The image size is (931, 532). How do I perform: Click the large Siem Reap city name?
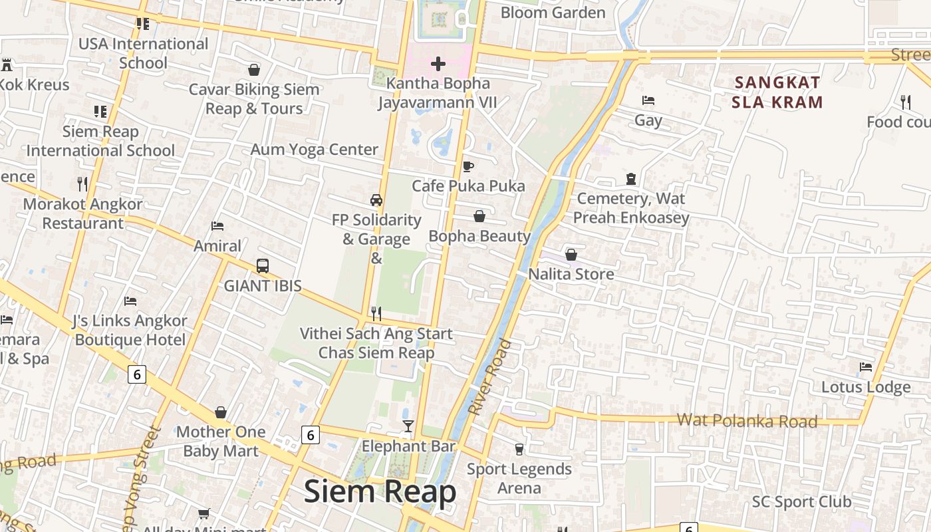click(380, 492)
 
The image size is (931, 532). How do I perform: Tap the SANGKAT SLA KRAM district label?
click(777, 92)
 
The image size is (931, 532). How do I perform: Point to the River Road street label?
click(490, 377)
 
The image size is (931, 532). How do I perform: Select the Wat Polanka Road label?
click(747, 421)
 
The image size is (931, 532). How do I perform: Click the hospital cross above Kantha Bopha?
click(438, 64)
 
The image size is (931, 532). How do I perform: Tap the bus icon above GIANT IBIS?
click(263, 266)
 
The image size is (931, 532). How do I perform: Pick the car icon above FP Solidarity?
click(376, 200)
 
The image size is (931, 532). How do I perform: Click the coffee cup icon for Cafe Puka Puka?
click(468, 166)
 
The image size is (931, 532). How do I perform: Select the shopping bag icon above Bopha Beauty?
click(479, 216)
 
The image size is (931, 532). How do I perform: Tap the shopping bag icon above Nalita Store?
click(571, 255)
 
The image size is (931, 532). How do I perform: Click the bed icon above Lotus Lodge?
click(865, 367)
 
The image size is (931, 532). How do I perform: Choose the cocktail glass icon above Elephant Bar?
click(408, 426)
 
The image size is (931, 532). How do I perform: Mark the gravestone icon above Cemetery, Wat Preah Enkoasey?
click(631, 178)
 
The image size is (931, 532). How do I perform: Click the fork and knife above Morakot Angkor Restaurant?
click(82, 184)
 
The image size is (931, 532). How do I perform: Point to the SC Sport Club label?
click(801, 501)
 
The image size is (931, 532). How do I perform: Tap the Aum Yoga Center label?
click(314, 150)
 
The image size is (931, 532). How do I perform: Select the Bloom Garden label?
click(553, 13)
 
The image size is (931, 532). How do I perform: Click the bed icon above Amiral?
click(217, 226)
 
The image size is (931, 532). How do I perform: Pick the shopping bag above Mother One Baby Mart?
click(221, 412)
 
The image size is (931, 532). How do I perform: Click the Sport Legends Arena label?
click(519, 478)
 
